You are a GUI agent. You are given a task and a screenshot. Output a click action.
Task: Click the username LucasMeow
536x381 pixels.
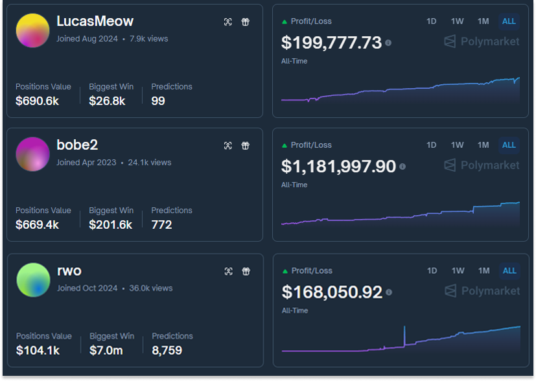95,21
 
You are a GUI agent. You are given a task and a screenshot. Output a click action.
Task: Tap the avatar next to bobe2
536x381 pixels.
32,154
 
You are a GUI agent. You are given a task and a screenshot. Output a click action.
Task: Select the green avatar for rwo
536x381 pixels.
33,280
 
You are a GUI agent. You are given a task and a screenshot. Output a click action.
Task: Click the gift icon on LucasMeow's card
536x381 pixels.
246,22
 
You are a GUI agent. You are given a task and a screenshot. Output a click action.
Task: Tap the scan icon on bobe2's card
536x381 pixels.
228,146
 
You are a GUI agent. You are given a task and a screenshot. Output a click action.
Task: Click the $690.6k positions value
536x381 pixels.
38,101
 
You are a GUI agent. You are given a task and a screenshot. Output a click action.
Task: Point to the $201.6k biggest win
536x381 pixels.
110,225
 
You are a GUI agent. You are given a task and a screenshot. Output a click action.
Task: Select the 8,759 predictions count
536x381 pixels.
167,351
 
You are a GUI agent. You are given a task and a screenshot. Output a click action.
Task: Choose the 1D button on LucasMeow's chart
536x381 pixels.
432,21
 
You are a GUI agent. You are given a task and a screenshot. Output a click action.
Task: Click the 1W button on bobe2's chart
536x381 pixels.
458,145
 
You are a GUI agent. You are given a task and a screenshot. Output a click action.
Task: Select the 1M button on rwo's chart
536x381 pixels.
484,271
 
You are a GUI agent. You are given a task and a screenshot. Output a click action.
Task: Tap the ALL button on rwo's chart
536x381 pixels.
509,271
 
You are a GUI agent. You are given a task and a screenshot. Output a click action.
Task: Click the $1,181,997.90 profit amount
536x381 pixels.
338,167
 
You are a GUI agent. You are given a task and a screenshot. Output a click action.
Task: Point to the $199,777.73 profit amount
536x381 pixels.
331,43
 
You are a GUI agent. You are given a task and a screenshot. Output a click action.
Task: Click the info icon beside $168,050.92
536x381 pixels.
389,292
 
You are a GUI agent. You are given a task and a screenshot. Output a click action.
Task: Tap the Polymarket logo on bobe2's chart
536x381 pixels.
482,166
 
